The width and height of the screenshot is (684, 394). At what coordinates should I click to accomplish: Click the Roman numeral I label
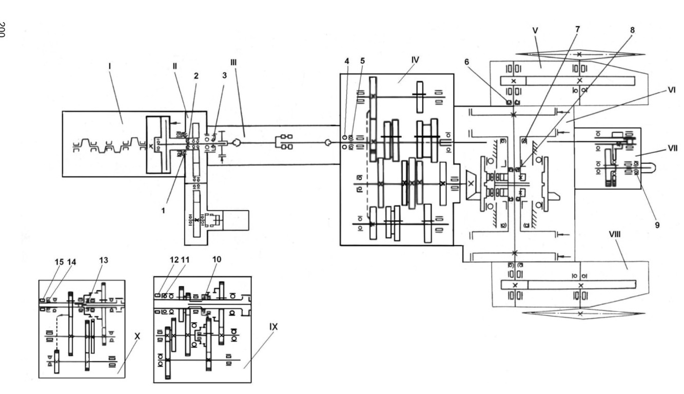[110, 66]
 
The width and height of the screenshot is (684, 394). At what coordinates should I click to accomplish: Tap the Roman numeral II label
[175, 66]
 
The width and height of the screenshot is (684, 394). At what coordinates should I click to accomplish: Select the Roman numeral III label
[233, 62]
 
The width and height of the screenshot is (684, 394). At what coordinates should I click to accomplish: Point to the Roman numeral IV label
[415, 60]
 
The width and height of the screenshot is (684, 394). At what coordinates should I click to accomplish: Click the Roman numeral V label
[535, 31]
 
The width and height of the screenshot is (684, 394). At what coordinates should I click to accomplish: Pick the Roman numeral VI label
[672, 90]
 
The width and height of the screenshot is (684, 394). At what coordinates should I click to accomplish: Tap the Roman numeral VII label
[672, 148]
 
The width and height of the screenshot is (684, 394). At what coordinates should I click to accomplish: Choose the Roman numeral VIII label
[615, 234]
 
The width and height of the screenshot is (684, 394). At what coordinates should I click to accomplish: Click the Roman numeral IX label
[273, 327]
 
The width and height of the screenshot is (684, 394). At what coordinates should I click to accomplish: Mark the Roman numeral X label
[138, 336]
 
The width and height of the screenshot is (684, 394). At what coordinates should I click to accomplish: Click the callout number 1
[163, 210]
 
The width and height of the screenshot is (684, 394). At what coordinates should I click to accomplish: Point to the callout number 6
[466, 62]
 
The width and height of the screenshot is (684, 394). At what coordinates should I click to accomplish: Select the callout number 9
[657, 226]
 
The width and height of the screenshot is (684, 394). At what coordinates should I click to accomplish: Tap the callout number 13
[104, 260]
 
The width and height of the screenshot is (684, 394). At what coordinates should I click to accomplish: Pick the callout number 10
[217, 259]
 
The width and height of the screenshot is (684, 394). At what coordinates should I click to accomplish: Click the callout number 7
[577, 29]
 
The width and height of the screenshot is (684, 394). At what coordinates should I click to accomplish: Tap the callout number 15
[59, 262]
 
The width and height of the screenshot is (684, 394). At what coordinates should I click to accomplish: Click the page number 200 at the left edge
[3, 30]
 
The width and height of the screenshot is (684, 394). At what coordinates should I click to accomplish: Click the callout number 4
[347, 61]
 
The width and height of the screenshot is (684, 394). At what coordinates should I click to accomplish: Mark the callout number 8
[632, 30]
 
